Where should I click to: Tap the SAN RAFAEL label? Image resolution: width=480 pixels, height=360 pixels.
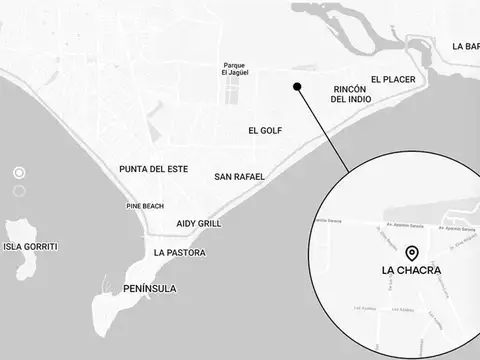tap(239, 177)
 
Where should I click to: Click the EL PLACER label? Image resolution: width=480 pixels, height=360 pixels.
tap(392, 78)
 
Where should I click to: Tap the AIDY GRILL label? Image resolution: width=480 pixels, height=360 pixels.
tap(198, 224)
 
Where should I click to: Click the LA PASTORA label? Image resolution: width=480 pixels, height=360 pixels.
tap(180, 253)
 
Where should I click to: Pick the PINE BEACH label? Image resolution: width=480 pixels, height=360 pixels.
tap(145, 206)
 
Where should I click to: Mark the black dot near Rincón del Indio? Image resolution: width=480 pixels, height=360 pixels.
tap(297, 87)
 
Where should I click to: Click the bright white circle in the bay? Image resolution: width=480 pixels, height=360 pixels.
tap(19, 172)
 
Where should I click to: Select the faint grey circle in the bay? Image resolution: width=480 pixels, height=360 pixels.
tap(19, 190)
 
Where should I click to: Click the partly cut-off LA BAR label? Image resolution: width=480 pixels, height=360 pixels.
tap(465, 46)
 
